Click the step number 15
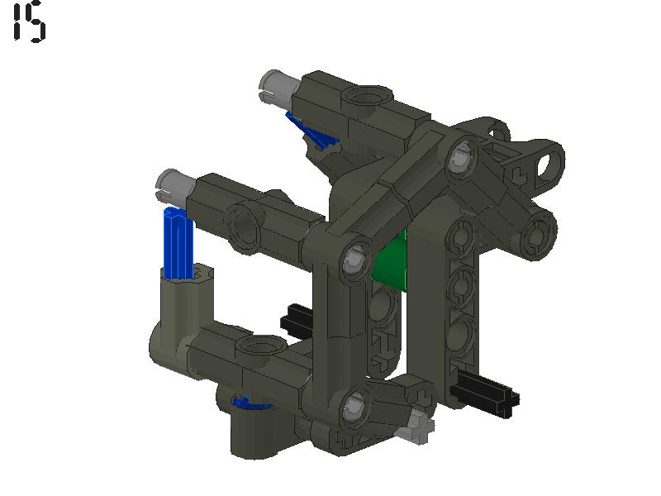coord(30,21)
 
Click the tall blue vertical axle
coord(177,244)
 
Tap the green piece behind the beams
coord(393,262)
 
